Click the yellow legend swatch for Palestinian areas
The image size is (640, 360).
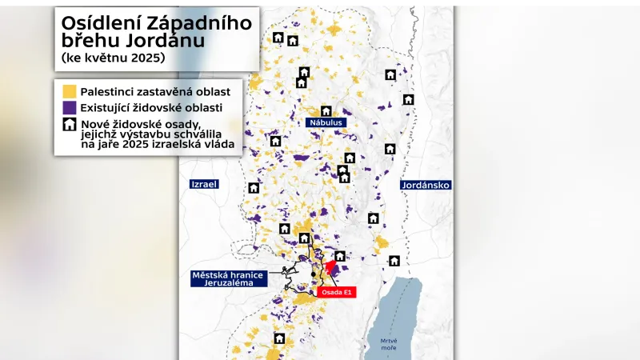70,92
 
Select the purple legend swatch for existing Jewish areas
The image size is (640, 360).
70,107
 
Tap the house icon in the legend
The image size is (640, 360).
70,124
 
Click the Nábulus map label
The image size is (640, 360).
326,123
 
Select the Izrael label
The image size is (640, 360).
204,184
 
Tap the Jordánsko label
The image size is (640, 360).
426,185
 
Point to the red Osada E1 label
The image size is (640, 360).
336,293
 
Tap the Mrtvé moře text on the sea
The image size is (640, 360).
389,345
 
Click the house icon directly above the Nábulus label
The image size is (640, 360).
326,111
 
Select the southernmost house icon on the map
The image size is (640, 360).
279,338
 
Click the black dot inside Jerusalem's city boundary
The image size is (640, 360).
314,274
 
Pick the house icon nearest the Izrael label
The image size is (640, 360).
254,188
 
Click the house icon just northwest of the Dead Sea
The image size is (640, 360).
394,261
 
